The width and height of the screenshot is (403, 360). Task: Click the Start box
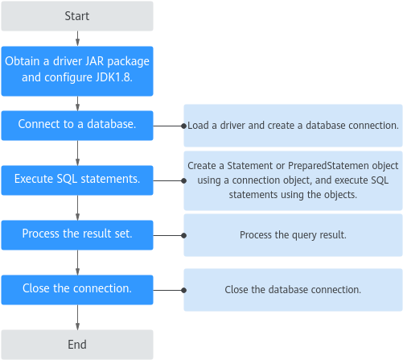pyautogui.click(x=77, y=16)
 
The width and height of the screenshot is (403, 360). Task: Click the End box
pyautogui.click(x=77, y=345)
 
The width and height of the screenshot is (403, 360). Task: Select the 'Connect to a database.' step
pyautogui.click(x=77, y=126)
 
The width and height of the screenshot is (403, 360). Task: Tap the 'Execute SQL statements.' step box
pyautogui.click(x=77, y=180)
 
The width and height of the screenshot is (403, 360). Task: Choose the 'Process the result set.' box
pyautogui.click(x=77, y=235)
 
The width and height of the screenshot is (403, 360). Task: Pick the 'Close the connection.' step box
pyautogui.click(x=77, y=290)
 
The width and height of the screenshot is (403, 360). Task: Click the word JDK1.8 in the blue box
pyautogui.click(x=114, y=77)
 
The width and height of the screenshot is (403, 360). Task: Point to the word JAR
pyautogui.click(x=94, y=61)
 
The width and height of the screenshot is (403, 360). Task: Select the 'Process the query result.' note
pyautogui.click(x=293, y=235)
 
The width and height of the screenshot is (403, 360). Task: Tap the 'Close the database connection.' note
pyautogui.click(x=293, y=290)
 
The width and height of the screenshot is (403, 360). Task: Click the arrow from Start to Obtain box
pyautogui.click(x=77, y=39)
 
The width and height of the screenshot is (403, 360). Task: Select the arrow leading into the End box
pyautogui.click(x=77, y=317)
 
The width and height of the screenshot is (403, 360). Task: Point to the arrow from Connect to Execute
pyautogui.click(x=77, y=153)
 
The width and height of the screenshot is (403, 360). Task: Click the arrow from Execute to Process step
pyautogui.click(x=77, y=208)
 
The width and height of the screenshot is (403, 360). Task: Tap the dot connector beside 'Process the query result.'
pyautogui.click(x=183, y=235)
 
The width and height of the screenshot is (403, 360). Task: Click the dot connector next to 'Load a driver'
pyautogui.click(x=183, y=126)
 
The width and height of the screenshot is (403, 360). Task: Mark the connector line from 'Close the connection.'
pyautogui.click(x=168, y=290)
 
